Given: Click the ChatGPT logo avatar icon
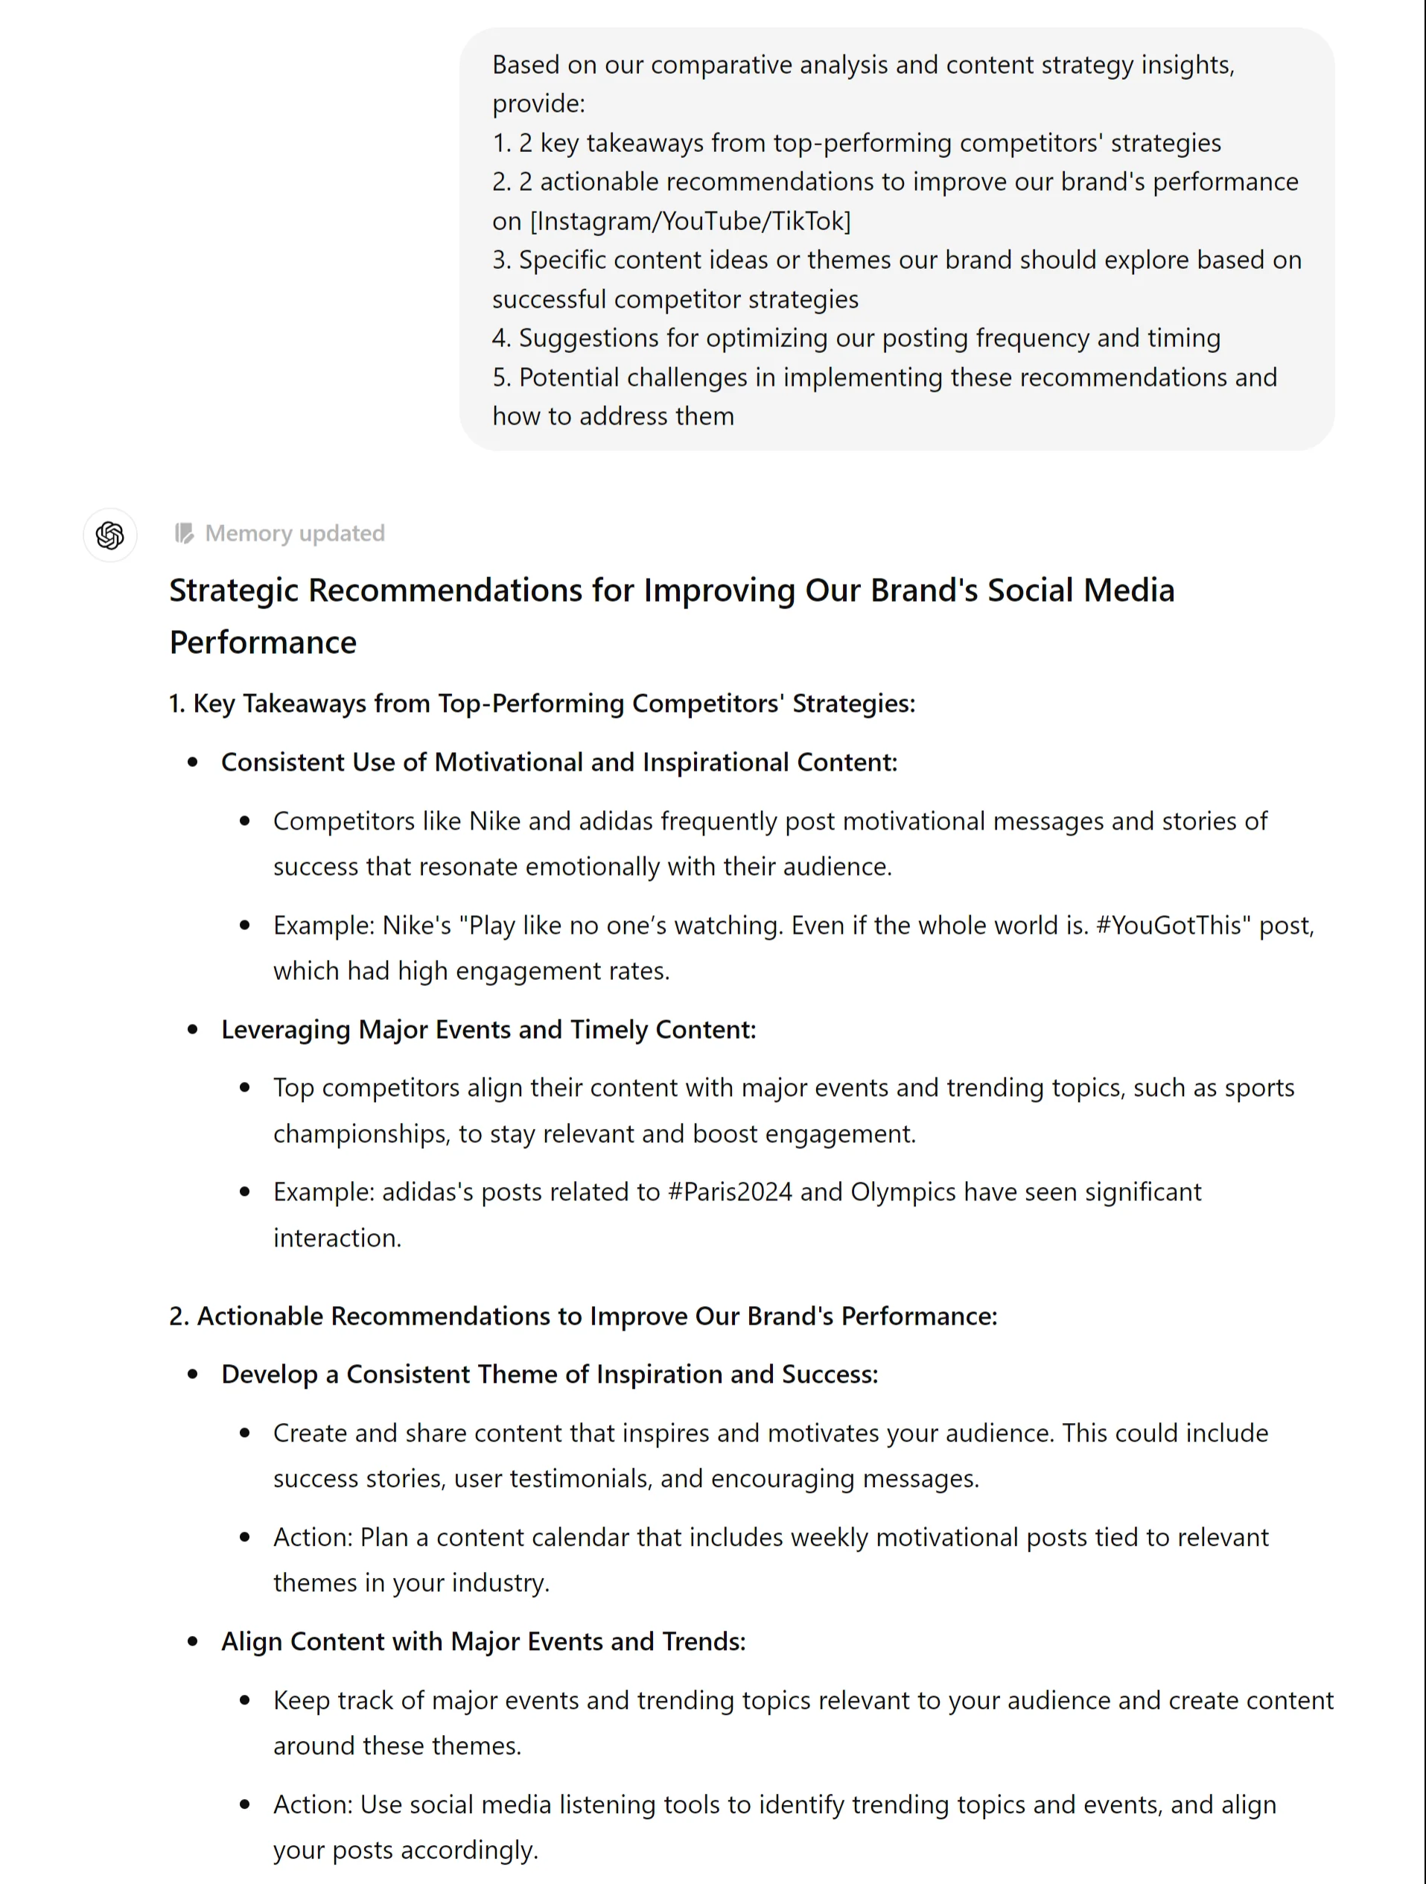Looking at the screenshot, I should click(x=110, y=535).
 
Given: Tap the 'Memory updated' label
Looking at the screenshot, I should click(x=295, y=533).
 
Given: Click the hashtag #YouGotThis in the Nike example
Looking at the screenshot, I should click(x=1173, y=925).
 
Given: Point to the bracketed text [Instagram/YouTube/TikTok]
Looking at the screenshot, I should click(x=690, y=221).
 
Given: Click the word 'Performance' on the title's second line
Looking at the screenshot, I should click(x=262, y=642).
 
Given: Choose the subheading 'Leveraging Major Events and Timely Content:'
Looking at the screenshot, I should click(x=488, y=1029).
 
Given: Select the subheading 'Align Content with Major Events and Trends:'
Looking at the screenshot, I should click(x=483, y=1641).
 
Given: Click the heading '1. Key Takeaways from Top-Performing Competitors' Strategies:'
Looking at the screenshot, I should click(x=542, y=704).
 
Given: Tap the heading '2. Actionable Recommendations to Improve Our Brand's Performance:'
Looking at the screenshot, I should click(x=582, y=1316).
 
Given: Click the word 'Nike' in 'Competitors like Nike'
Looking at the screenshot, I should click(x=495, y=821).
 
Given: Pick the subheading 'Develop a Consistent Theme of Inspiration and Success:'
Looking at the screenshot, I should click(x=550, y=1374).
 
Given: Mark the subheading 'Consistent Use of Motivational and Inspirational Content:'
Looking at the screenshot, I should click(x=558, y=763).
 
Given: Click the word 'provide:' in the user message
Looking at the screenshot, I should click(x=538, y=104).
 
